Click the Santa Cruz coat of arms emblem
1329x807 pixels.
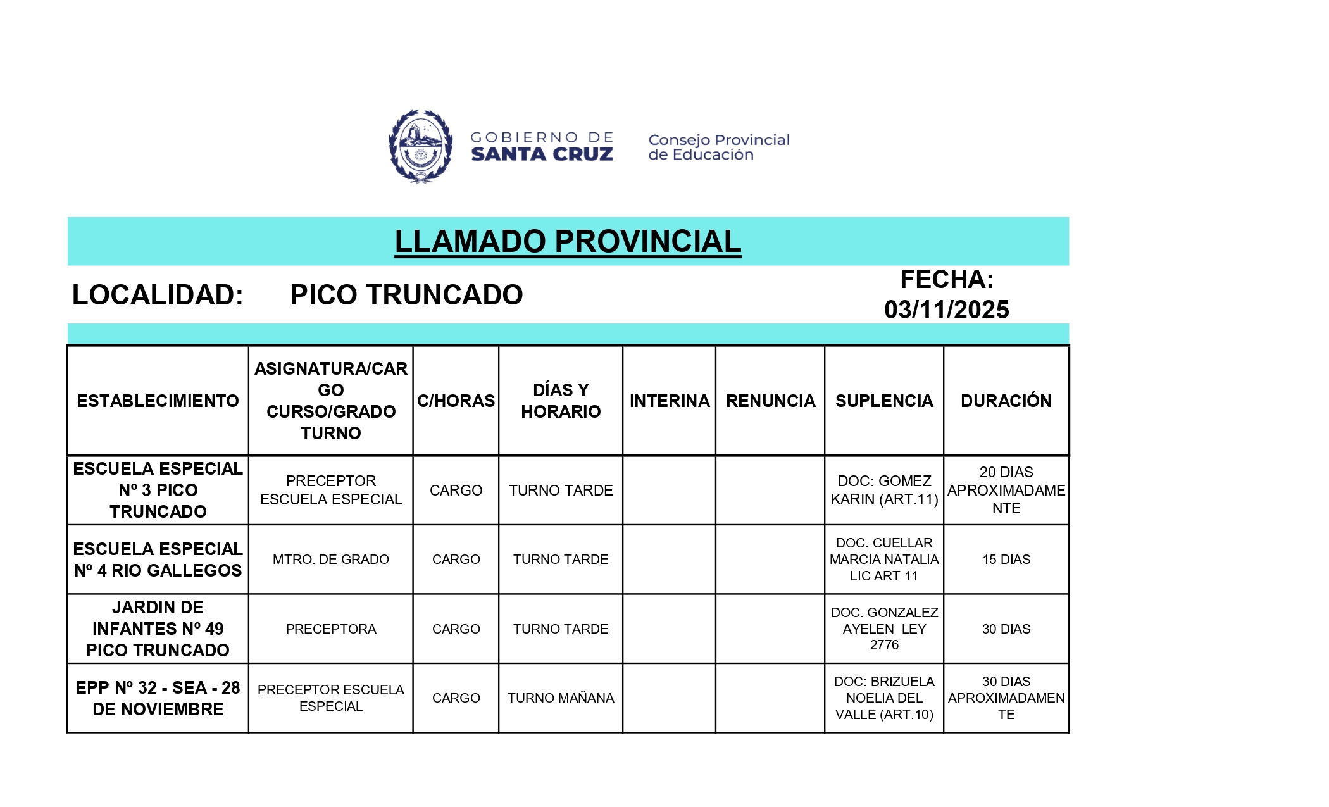pyautogui.click(x=420, y=146)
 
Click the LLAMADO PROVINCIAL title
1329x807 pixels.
pyautogui.click(x=568, y=242)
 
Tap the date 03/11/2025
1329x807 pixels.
pyautogui.click(x=946, y=310)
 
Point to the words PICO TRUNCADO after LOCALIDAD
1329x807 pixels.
pyautogui.click(x=406, y=295)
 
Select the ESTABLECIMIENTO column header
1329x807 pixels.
pyautogui.click(x=158, y=401)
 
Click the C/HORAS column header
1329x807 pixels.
pyautogui.click(x=456, y=401)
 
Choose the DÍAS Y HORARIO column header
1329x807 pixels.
pyautogui.click(x=561, y=401)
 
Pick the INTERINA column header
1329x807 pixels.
pyautogui.click(x=669, y=401)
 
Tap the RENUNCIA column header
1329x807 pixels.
pyautogui.click(x=770, y=401)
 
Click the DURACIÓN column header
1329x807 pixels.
pyautogui.click(x=1006, y=401)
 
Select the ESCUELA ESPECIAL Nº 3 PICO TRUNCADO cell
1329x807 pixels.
pyautogui.click(x=158, y=490)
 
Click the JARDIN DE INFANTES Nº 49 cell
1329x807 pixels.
pyautogui.click(x=158, y=629)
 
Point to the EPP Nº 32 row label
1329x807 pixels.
pyautogui.click(x=158, y=698)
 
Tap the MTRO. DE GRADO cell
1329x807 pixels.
pyautogui.click(x=330, y=560)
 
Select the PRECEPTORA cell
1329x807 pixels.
pyautogui.click(x=330, y=629)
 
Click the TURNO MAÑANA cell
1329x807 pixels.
pyautogui.click(x=561, y=698)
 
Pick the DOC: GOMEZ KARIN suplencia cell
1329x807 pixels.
pyautogui.click(x=884, y=490)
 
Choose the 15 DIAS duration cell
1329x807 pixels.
pyautogui.click(x=1006, y=560)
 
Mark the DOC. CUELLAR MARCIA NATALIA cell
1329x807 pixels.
pyautogui.click(x=884, y=560)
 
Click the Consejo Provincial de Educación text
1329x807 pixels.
pyautogui.click(x=718, y=147)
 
